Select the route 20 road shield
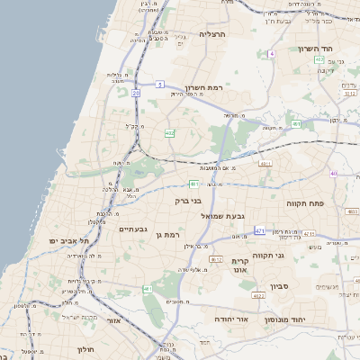[136, 93]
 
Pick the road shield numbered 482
[169, 133]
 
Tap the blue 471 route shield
[260, 230]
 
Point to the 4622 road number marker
[258, 295]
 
